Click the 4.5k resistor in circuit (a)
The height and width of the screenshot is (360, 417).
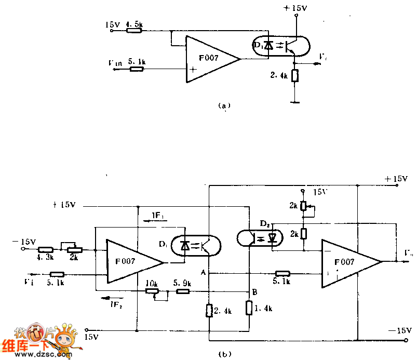pos(134,31)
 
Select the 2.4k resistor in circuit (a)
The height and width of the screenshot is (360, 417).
pos(295,76)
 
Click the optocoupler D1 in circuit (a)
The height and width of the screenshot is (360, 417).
pos(280,45)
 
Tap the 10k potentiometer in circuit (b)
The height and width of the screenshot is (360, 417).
pos(152,292)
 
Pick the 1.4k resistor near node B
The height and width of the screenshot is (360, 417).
pos(249,309)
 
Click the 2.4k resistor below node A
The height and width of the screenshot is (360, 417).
pos(209,311)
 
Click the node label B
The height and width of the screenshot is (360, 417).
pos(254,292)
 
